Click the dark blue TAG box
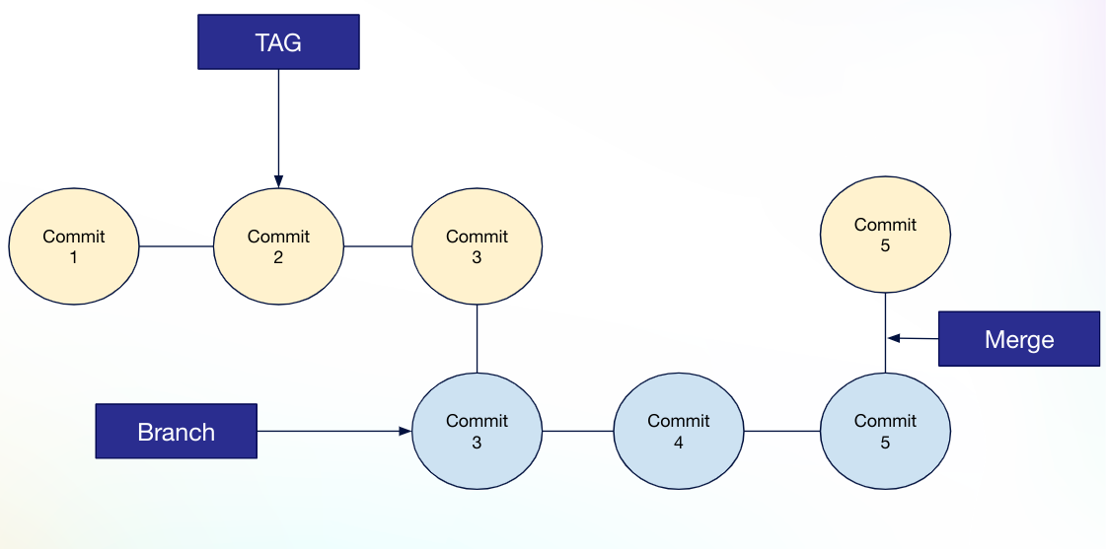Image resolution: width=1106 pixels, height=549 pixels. click(x=278, y=43)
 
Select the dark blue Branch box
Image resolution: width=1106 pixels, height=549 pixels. click(x=176, y=431)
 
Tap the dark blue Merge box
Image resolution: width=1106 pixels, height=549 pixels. click(x=1018, y=339)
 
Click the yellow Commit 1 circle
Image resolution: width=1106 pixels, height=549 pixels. click(x=74, y=246)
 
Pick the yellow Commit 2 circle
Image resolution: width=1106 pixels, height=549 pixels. click(x=278, y=246)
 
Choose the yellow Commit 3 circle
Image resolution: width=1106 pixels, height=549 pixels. click(x=477, y=246)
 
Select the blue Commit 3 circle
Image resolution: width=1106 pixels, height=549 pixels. click(x=477, y=431)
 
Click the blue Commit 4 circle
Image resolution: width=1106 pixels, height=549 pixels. click(x=679, y=431)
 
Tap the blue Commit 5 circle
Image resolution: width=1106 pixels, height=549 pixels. click(x=885, y=431)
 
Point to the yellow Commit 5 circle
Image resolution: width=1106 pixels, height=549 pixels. click(x=885, y=235)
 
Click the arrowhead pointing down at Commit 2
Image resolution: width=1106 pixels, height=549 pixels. click(x=278, y=181)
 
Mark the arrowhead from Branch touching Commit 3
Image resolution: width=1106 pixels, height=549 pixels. click(x=405, y=431)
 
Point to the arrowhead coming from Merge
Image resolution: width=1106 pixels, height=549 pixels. click(x=893, y=338)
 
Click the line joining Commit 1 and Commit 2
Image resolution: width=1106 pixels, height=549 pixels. click(x=177, y=246)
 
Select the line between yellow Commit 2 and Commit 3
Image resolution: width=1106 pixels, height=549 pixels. click(x=377, y=246)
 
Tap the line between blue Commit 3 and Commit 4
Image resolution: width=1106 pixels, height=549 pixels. click(x=577, y=431)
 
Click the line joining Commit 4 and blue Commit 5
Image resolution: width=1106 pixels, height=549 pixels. click(x=781, y=431)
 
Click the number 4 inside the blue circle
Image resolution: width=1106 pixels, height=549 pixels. click(x=679, y=443)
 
